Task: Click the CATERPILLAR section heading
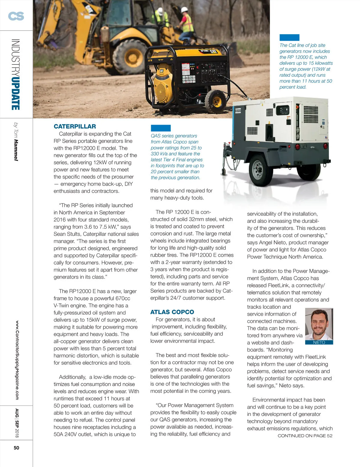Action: coord(75,126)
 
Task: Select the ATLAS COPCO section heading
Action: coord(172,312)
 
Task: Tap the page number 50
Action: coord(16,448)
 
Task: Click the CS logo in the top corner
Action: coord(16,16)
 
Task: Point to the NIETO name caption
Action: coord(319,342)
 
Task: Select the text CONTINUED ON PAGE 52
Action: coord(305,436)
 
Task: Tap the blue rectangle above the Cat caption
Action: coord(289,37)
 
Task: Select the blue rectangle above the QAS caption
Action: coord(160,128)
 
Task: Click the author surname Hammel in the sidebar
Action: coord(16,150)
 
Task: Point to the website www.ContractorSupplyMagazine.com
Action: coord(17,360)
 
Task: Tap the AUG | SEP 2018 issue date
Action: coord(17,423)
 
